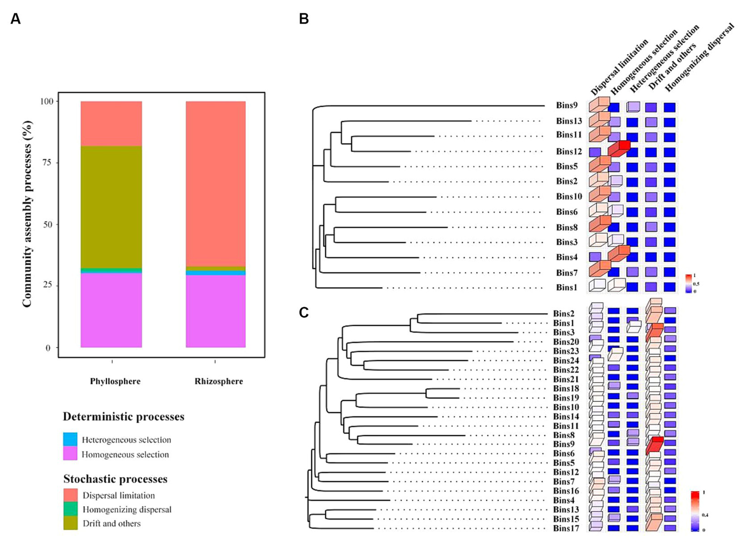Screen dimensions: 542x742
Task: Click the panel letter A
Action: click(15, 19)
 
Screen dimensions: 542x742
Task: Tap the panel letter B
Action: click(304, 19)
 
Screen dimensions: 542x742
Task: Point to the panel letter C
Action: click(304, 313)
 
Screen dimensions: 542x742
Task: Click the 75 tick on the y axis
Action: click(47, 163)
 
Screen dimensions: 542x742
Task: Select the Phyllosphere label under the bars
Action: click(115, 381)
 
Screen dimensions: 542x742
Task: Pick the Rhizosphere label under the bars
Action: click(218, 381)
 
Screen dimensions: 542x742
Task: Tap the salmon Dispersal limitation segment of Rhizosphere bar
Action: click(216, 184)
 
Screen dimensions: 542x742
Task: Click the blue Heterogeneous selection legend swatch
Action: click(70, 439)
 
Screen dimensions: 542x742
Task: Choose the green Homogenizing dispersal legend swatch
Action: click(70, 509)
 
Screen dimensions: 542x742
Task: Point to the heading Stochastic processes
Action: click(115, 479)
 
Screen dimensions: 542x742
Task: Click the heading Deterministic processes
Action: click(123, 416)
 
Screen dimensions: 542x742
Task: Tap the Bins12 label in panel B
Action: click(568, 151)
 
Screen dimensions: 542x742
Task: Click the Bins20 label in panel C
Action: click(566, 342)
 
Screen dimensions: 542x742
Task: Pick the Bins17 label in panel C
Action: click(566, 528)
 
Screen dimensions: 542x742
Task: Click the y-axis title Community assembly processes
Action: click(27, 214)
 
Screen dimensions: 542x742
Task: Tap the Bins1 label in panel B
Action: click(567, 287)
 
